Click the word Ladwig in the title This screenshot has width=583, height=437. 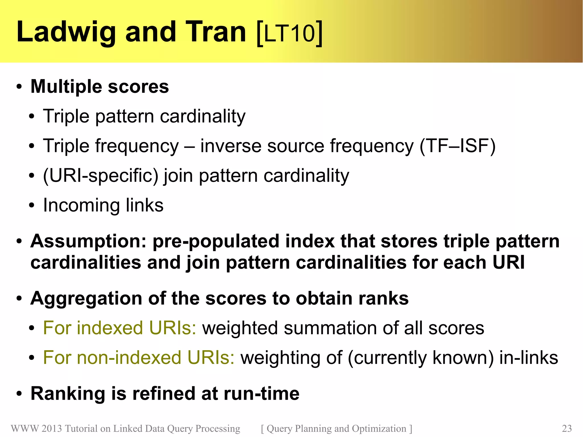pyautogui.click(x=66, y=32)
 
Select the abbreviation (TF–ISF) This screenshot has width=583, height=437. pyautogui.click(x=457, y=146)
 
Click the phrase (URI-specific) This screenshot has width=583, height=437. pyautogui.click(x=100, y=176)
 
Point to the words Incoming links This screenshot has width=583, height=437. pyautogui.click(x=103, y=205)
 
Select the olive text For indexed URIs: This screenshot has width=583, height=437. pyautogui.click(x=120, y=328)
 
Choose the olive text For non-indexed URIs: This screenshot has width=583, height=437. pyautogui.click(x=139, y=358)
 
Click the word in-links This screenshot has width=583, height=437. pyautogui.click(x=529, y=358)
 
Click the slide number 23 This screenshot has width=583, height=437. pyautogui.click(x=566, y=428)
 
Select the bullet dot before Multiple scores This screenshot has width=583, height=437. pyautogui.click(x=19, y=87)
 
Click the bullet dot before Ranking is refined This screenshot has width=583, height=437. pyautogui.click(x=19, y=394)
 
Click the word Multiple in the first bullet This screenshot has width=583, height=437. pyautogui.click(x=66, y=87)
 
